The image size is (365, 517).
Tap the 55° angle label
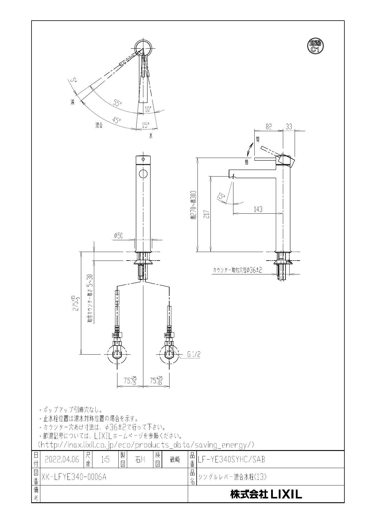(x=117, y=103)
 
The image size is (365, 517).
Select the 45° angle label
(x=117, y=120)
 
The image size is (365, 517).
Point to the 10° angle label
(x=148, y=109)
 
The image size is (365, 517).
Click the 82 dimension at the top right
(x=268, y=127)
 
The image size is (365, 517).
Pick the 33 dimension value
(x=289, y=127)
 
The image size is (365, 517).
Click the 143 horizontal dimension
(x=258, y=209)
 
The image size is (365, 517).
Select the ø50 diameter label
(x=118, y=236)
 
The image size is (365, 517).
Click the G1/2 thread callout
(x=194, y=355)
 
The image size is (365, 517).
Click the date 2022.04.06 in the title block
(x=62, y=460)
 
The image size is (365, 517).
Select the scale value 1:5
(x=105, y=460)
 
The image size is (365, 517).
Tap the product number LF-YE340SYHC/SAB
(x=231, y=460)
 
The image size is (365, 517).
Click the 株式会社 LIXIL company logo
(x=266, y=494)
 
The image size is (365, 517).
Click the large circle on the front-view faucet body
(x=143, y=174)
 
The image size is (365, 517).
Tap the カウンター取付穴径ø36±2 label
(x=237, y=270)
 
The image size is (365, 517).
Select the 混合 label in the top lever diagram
(x=99, y=126)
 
